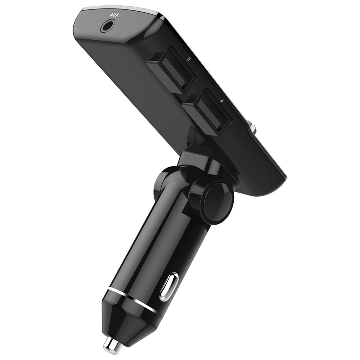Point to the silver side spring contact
(169, 287)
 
